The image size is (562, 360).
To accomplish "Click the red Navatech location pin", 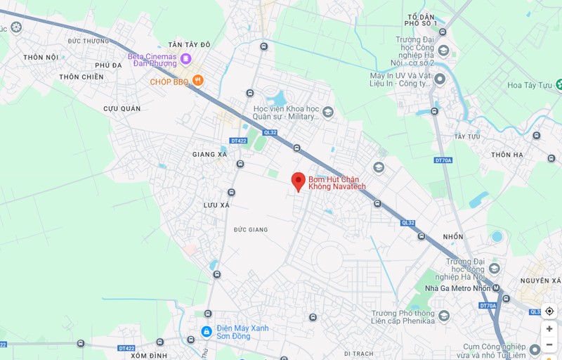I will pyautogui.click(x=298, y=181).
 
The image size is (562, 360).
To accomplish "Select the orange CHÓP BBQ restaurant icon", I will pyautogui.click(x=199, y=81).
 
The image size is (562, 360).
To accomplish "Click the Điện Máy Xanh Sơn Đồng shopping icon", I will pyautogui.click(x=207, y=331).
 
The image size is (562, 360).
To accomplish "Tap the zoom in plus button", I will pyautogui.click(x=549, y=328).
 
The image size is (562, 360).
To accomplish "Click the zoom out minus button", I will pyautogui.click(x=549, y=345).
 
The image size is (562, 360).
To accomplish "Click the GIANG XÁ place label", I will pyautogui.click(x=209, y=154).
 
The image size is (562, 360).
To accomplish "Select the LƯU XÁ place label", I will pyautogui.click(x=216, y=205).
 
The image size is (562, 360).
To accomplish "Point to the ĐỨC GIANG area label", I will pyautogui.click(x=251, y=229).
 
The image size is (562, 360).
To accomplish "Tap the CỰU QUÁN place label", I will pyautogui.click(x=122, y=108).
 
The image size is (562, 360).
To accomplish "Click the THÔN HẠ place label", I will pyautogui.click(x=507, y=155).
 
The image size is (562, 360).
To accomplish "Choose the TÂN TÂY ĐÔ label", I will pyautogui.click(x=189, y=44).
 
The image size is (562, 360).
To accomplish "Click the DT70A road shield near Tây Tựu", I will pyautogui.click(x=443, y=160).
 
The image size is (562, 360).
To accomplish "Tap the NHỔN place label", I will pyautogui.click(x=453, y=236).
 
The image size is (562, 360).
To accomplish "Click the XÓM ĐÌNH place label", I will pyautogui.click(x=148, y=355).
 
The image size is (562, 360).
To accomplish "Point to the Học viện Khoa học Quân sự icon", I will pyautogui.click(x=328, y=112).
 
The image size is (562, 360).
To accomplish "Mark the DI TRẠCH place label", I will pyautogui.click(x=358, y=353).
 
